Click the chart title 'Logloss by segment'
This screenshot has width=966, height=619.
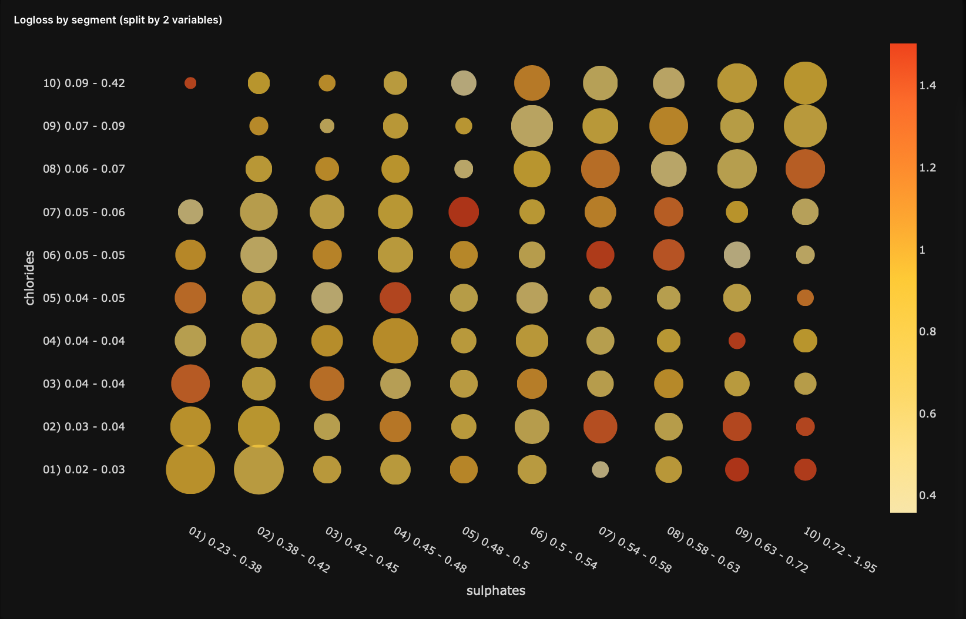[118, 20]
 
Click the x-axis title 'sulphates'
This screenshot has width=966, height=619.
[495, 591]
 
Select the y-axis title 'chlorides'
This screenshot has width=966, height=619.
[30, 277]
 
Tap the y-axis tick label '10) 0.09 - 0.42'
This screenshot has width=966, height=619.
[84, 83]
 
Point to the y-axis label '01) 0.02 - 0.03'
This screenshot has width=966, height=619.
[84, 469]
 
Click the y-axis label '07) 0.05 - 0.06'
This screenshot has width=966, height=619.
[84, 212]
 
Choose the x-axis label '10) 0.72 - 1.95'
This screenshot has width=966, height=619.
[840, 550]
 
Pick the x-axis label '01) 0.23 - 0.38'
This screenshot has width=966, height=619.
[225, 550]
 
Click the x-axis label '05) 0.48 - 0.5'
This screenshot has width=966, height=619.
[495, 549]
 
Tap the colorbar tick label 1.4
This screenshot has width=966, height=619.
[927, 86]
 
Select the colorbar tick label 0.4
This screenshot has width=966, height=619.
[927, 496]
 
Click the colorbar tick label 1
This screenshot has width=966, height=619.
[922, 250]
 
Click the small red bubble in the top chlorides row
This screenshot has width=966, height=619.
[190, 83]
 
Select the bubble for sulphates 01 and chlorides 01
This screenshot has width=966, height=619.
[190, 470]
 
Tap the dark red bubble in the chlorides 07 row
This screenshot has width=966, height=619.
[464, 212]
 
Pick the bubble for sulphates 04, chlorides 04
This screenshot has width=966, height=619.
[395, 341]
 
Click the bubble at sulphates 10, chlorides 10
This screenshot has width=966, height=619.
[805, 83]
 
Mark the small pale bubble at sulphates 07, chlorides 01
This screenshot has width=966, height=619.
[600, 469]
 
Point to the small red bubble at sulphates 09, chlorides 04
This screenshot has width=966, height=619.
[737, 341]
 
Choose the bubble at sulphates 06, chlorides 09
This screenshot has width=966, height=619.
[532, 126]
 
